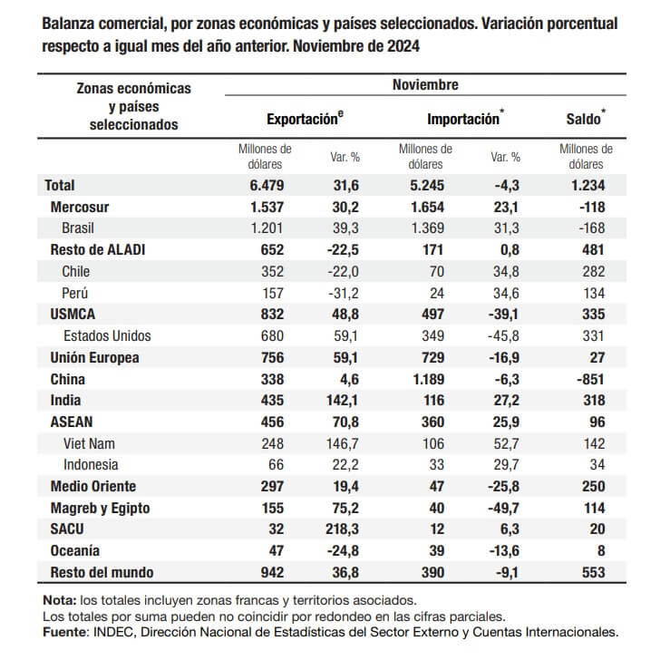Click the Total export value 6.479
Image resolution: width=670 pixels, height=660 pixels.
pyautogui.click(x=263, y=185)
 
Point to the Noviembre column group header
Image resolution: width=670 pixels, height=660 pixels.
pyautogui.click(x=425, y=85)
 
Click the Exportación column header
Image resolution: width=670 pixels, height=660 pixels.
pyautogui.click(x=305, y=118)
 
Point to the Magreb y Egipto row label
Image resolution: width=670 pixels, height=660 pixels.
pyautogui.click(x=101, y=508)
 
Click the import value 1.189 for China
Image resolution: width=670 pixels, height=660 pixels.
pyautogui.click(x=424, y=379)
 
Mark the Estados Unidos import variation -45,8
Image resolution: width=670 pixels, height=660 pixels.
pyautogui.click(x=503, y=335)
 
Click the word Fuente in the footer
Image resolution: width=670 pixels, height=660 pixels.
pyautogui.click(x=67, y=632)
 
